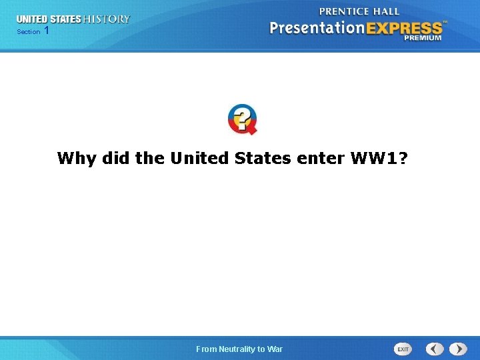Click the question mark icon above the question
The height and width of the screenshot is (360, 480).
coord(242,119)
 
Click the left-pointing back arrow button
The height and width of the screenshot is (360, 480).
coord(435,349)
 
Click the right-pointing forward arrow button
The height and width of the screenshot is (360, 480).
coord(458,349)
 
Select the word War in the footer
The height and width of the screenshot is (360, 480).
coord(275,349)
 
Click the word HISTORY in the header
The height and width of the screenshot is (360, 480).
coord(106,19)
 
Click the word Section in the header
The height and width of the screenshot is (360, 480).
coord(28,32)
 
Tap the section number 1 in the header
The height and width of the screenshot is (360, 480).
coord(46,31)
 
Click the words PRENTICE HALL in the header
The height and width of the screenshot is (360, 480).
coord(359,11)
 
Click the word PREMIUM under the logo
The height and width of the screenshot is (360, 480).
coord(422,38)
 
